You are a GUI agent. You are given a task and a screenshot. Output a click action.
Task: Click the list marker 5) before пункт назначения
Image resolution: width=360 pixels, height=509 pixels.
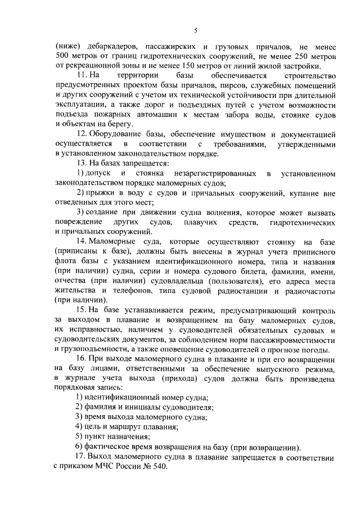(x=80, y=436)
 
